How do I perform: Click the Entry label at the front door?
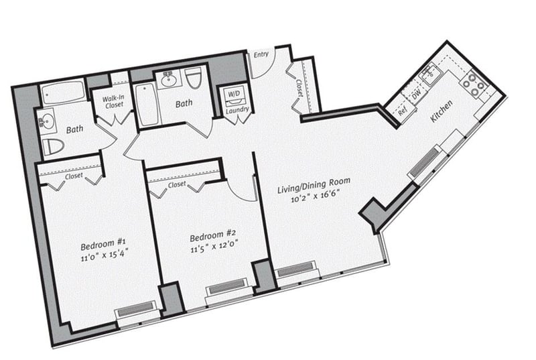click(261, 54)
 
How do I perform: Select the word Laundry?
click(237, 110)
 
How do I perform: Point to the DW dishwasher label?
click(416, 95)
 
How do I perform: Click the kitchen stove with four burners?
click(473, 83)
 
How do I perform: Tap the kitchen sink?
click(430, 73)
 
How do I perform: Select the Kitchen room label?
click(442, 111)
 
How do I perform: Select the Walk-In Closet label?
click(114, 102)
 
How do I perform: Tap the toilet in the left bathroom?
click(53, 146)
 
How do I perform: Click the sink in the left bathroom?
click(48, 121)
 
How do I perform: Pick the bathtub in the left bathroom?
click(63, 91)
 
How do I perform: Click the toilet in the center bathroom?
click(194, 78)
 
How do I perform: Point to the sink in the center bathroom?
click(168, 80)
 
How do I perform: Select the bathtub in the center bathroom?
click(147, 105)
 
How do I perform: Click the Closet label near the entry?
click(299, 88)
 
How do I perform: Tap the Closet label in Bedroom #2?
click(177, 184)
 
